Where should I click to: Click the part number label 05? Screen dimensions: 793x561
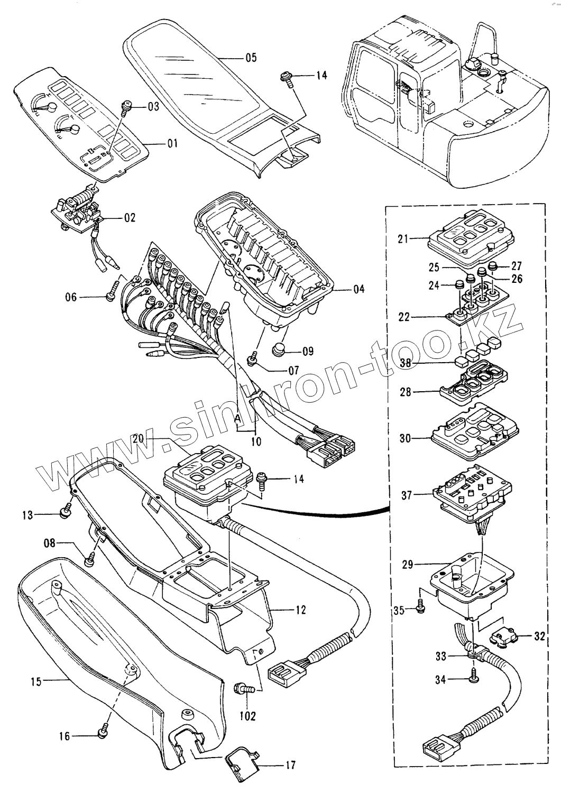[x=251, y=58]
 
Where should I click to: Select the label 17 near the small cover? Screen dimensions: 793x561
[x=290, y=765]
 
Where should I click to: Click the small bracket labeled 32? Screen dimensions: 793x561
[x=502, y=638]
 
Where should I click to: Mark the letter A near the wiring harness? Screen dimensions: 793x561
[x=237, y=417]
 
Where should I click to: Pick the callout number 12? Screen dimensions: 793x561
[x=300, y=610]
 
